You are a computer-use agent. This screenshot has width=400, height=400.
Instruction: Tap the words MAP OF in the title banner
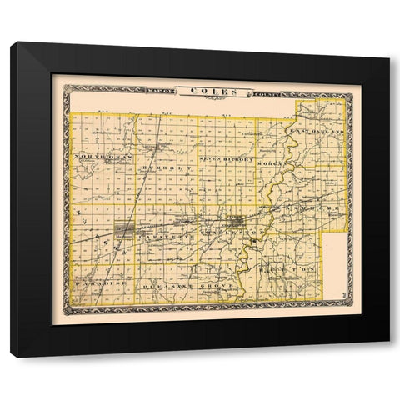[166, 92]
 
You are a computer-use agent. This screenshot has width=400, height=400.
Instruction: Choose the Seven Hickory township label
[224, 157]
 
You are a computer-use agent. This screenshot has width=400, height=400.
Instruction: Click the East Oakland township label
[315, 131]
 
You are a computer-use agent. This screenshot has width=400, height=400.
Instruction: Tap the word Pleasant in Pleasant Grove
[163, 284]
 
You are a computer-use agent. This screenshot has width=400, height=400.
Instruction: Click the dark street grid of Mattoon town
[123, 227]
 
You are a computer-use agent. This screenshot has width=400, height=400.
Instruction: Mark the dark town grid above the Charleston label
[240, 222]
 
